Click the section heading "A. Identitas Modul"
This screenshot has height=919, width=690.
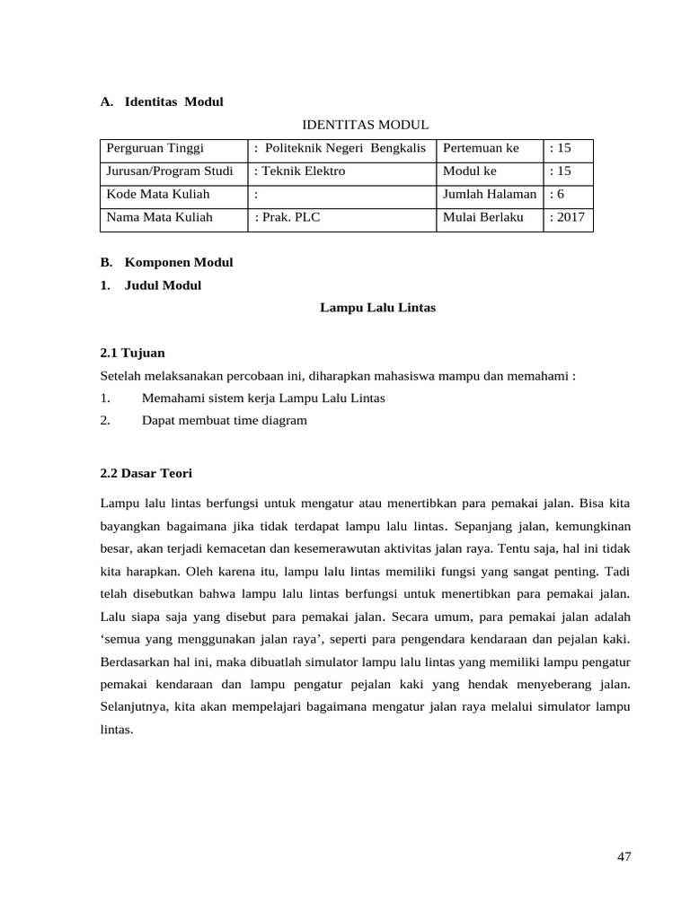point(162,101)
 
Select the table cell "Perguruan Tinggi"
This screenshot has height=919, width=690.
point(155,147)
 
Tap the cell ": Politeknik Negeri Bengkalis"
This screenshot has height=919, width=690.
point(341,147)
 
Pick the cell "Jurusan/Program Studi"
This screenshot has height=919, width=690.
point(170,171)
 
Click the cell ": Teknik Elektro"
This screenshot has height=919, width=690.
point(300,171)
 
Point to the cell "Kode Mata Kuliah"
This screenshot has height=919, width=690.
point(158,194)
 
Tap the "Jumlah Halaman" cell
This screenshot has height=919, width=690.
point(490,194)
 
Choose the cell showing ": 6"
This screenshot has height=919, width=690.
point(557,194)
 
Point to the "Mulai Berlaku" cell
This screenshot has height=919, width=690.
point(482,217)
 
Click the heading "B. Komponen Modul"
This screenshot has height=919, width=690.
point(166,262)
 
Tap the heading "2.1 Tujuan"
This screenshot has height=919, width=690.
point(132,353)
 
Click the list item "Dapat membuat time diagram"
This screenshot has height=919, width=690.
point(225,420)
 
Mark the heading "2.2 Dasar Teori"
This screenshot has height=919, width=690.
point(146,472)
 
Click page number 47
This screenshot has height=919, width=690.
point(624,856)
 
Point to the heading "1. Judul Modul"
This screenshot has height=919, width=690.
point(151,285)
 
